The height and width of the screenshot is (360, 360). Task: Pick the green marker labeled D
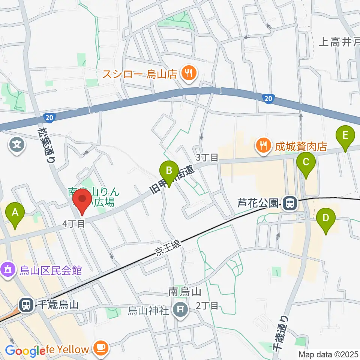[x=326, y=218]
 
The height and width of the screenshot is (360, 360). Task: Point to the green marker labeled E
[x=345, y=135]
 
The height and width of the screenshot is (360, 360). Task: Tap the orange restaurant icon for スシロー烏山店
[x=187, y=73]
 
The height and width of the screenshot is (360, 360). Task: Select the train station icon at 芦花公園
[x=289, y=204]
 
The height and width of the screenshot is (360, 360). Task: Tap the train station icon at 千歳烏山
[x=26, y=304]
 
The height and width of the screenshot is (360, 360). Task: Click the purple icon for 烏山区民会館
[x=8, y=269]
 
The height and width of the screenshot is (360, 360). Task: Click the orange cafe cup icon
[x=101, y=348]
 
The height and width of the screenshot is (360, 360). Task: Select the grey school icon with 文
[x=17, y=142]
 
